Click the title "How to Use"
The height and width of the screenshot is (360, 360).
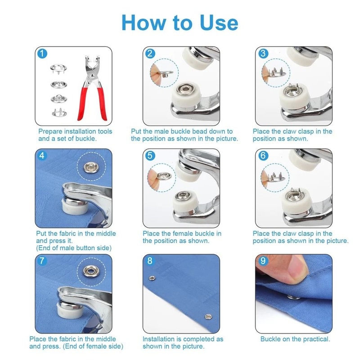pyautogui.click(x=180, y=22)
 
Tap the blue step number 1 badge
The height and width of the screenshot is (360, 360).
pyautogui.click(x=42, y=54)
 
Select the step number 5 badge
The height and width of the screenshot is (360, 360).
pyautogui.click(x=150, y=156)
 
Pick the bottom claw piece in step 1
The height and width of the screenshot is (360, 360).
pyautogui.click(x=56, y=111)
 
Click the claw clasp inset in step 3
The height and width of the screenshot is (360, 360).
pyautogui.click(x=273, y=71)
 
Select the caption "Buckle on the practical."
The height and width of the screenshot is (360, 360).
pyautogui.click(x=295, y=339)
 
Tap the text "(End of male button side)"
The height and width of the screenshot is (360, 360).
pyautogui.click(x=74, y=248)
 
